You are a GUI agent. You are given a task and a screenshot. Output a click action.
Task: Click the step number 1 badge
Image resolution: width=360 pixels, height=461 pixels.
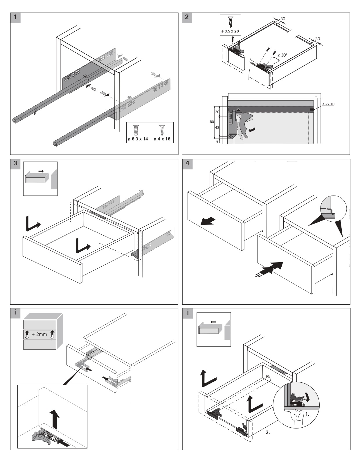[x=15, y=17]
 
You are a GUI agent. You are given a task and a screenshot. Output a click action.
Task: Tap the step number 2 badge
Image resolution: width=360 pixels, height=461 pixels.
[x=187, y=17]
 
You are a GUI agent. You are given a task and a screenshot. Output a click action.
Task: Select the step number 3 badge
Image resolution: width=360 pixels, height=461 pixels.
[x=15, y=163]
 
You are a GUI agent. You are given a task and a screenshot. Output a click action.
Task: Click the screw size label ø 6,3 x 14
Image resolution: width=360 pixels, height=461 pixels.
[x=138, y=139]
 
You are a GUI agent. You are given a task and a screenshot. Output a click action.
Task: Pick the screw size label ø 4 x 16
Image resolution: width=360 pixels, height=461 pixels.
[x=162, y=139]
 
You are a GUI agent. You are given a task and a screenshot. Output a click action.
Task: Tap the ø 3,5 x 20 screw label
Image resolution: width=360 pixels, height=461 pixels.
[x=230, y=31]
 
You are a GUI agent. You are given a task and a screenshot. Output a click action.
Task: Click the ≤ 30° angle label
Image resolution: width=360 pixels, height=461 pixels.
[x=282, y=55]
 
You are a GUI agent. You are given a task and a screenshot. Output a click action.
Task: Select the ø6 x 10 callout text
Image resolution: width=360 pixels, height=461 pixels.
[x=328, y=104]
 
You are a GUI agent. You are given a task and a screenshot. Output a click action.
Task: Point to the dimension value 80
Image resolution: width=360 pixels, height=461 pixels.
[x=212, y=122]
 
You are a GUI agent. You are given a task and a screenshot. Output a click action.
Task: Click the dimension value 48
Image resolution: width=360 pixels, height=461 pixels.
[x=217, y=127]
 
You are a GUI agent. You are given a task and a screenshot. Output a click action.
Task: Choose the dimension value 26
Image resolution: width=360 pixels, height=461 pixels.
[x=217, y=112]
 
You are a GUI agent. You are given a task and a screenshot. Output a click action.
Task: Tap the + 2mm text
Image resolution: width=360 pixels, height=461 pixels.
[x=39, y=334]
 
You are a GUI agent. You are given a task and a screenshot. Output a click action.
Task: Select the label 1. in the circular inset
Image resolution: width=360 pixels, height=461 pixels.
[x=307, y=414]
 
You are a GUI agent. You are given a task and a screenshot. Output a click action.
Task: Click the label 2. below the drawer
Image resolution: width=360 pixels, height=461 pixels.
[x=268, y=432]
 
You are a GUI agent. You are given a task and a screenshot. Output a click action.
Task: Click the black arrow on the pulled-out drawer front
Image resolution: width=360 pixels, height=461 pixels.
[x=208, y=221]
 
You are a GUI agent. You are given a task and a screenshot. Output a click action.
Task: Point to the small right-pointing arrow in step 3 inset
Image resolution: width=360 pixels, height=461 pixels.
[x=41, y=171]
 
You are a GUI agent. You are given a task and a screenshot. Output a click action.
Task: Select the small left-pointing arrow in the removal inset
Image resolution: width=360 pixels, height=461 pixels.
[x=213, y=322]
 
